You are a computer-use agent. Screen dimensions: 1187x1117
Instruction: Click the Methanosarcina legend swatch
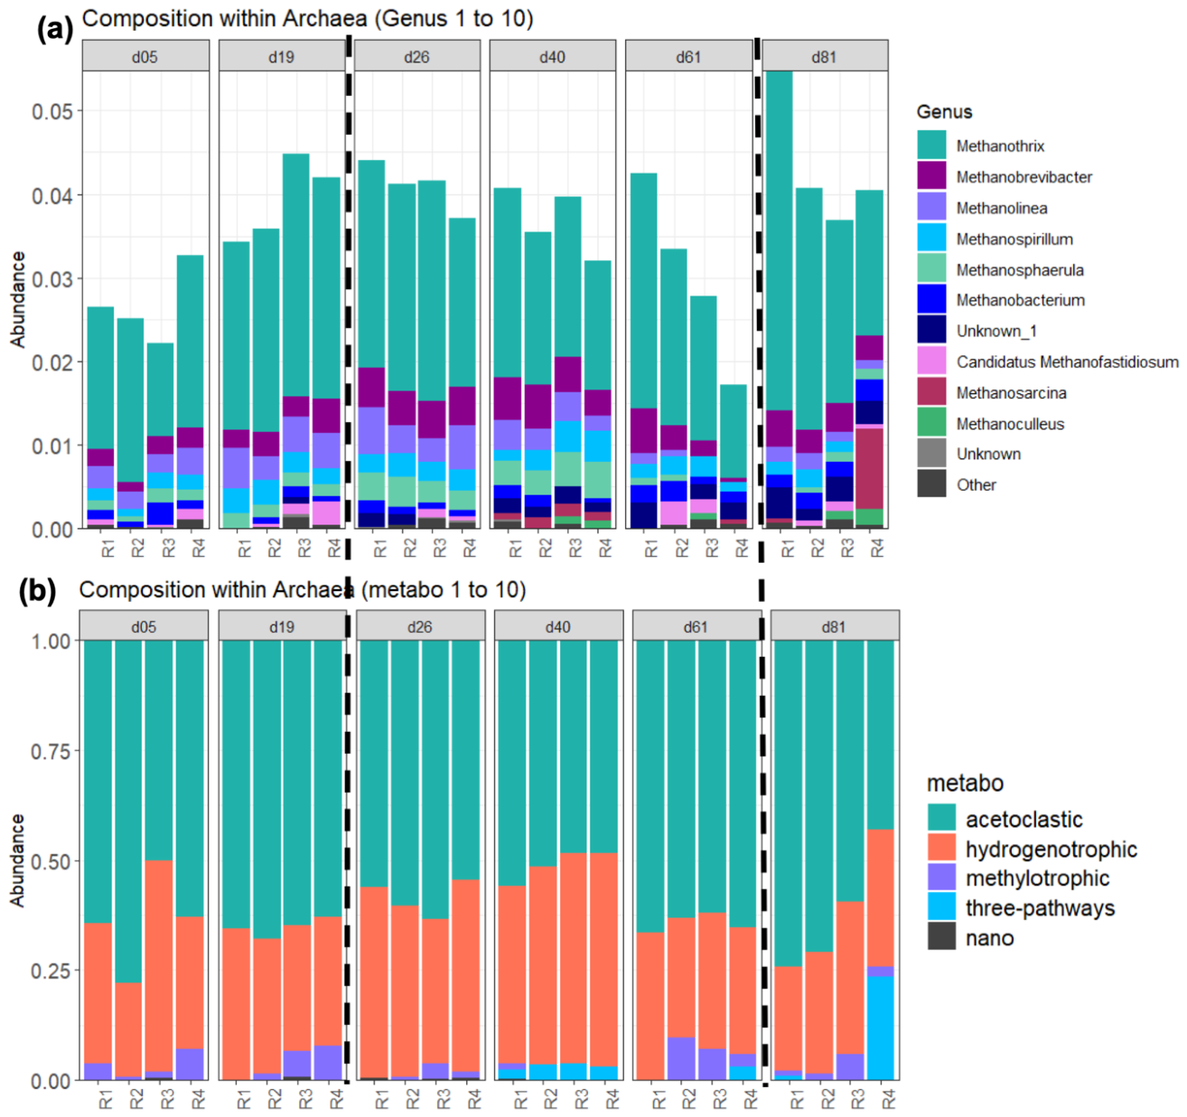point(931,391)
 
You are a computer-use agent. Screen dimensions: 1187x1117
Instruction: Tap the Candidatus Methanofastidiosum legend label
point(1068,361)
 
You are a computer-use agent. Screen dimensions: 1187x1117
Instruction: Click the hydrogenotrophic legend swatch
point(941,848)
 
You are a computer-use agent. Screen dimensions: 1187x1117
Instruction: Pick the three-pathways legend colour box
point(941,906)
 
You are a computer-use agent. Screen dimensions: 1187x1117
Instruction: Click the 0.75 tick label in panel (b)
point(51,751)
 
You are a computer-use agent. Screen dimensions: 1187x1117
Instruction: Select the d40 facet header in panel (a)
point(552,56)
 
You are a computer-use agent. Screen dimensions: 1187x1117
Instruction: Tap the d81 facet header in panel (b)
point(835,626)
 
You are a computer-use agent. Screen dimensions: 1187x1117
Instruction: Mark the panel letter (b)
point(38,592)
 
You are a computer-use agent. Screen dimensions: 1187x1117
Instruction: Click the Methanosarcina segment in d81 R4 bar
point(870,468)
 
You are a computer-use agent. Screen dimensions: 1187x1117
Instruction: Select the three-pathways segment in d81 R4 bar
point(881,1028)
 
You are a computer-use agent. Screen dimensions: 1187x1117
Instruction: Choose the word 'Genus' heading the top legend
point(944,112)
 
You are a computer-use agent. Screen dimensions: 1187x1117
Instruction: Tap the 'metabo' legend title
point(966,782)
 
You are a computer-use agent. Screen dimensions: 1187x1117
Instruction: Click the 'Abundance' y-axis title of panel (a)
point(19,299)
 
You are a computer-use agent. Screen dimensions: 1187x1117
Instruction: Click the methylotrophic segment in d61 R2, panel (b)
point(681,1058)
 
